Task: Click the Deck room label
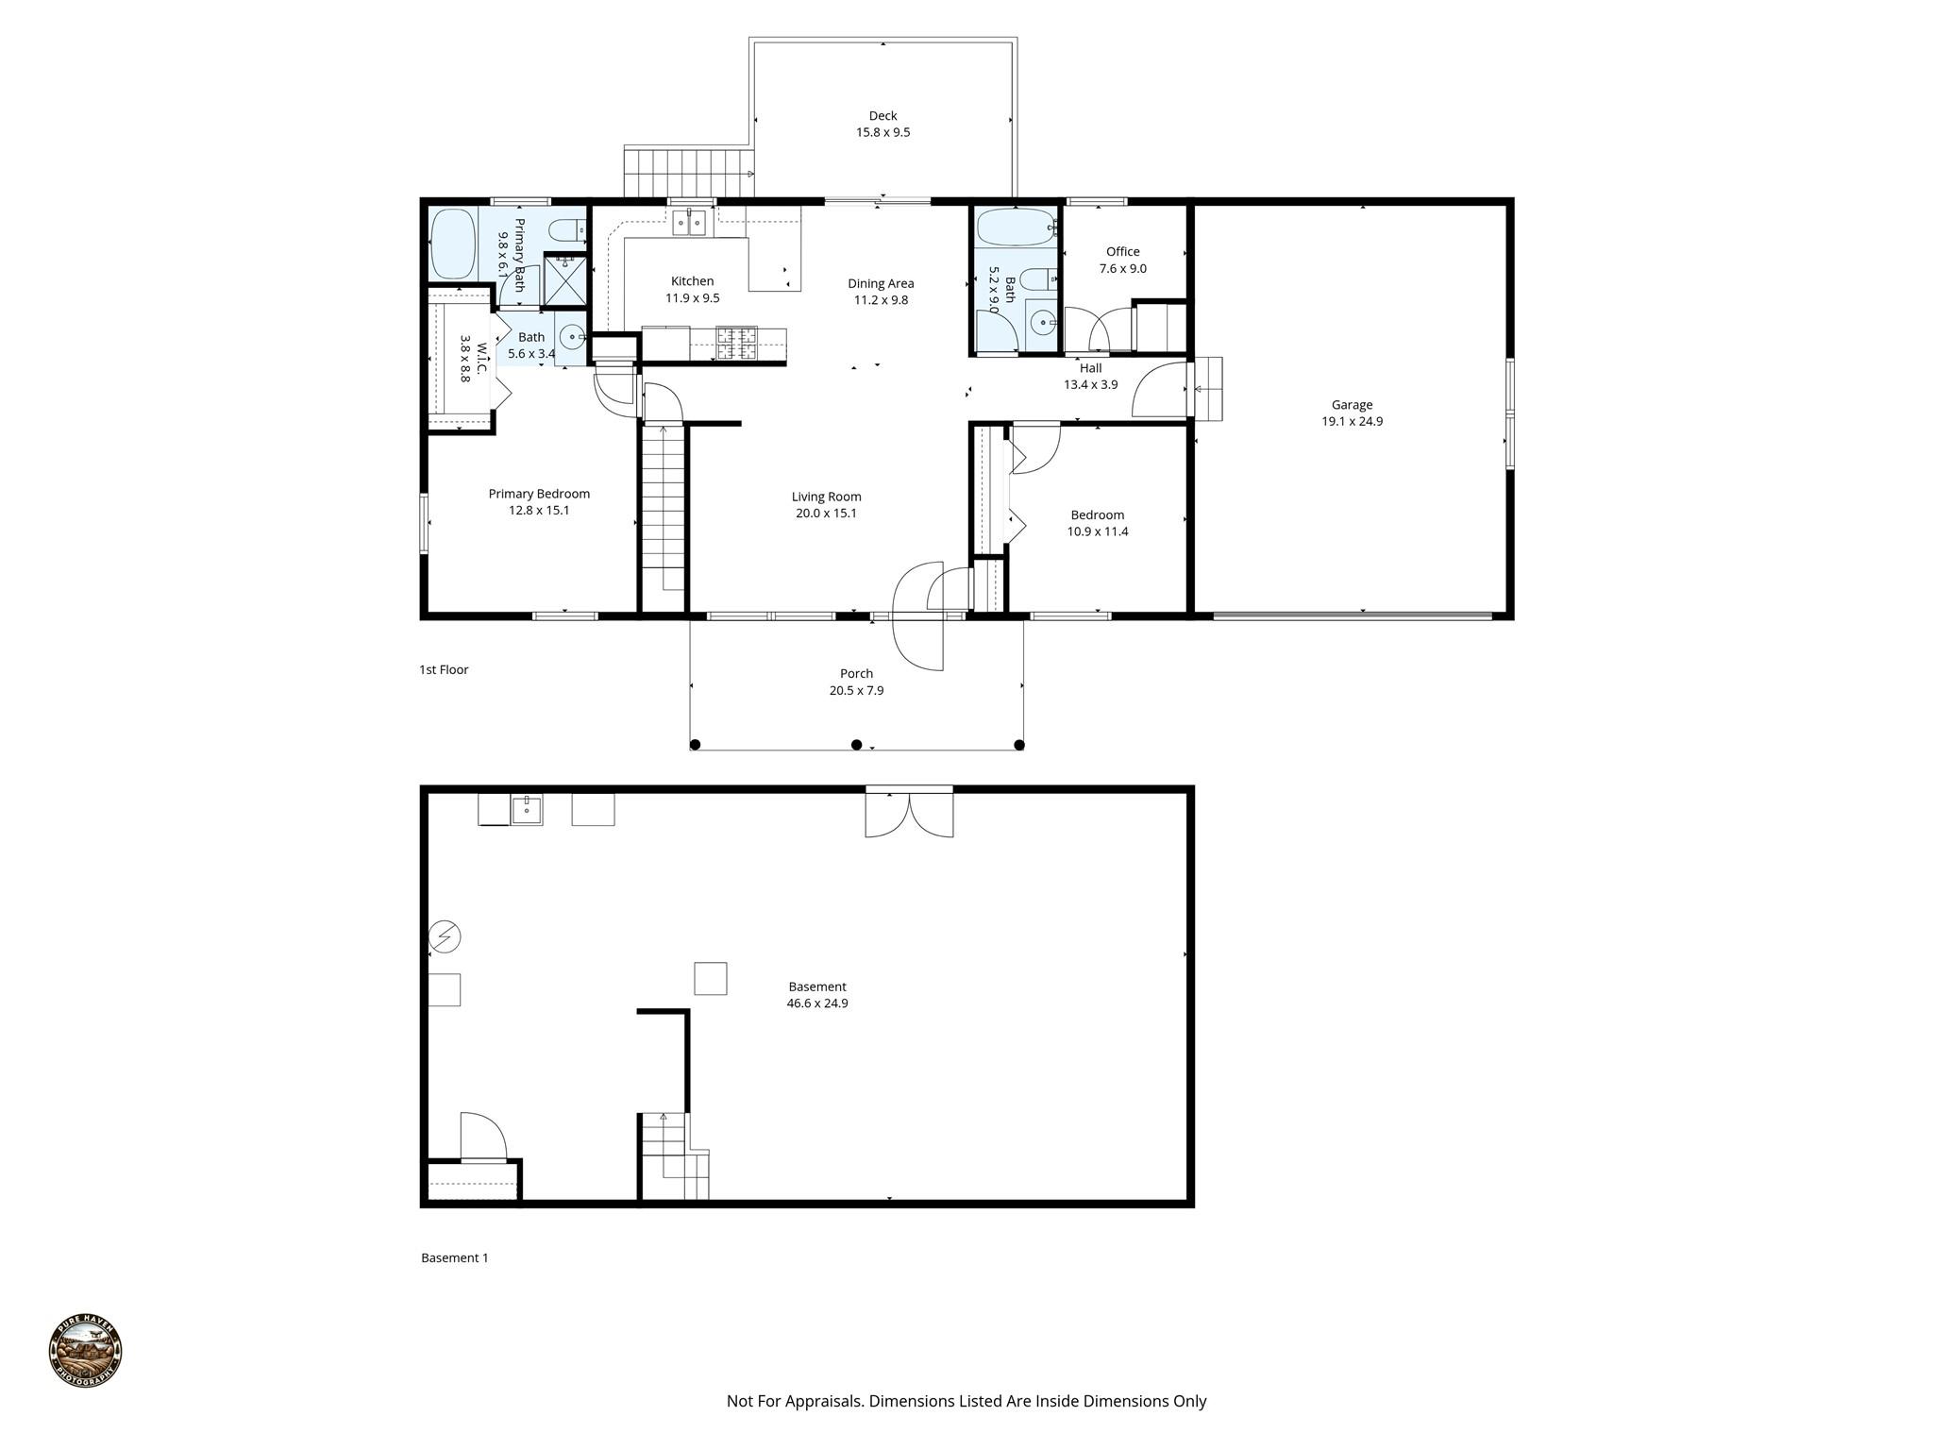(x=882, y=116)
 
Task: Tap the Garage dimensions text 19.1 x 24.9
(x=1352, y=422)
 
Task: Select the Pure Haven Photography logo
(x=86, y=1351)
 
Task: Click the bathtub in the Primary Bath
(x=453, y=244)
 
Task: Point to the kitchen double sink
(x=690, y=223)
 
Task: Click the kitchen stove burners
(x=736, y=343)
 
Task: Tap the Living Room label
(x=826, y=497)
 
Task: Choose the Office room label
(x=1122, y=252)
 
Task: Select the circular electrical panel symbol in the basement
(x=445, y=936)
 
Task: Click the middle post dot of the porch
(x=857, y=745)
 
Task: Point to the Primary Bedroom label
(x=539, y=494)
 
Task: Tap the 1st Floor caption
(x=444, y=669)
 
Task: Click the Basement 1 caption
(x=455, y=1257)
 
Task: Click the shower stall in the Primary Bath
(x=565, y=281)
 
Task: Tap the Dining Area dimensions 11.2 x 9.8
(x=881, y=300)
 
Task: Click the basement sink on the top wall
(x=527, y=810)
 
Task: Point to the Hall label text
(x=1090, y=368)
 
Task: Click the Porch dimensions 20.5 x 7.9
(x=856, y=690)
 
